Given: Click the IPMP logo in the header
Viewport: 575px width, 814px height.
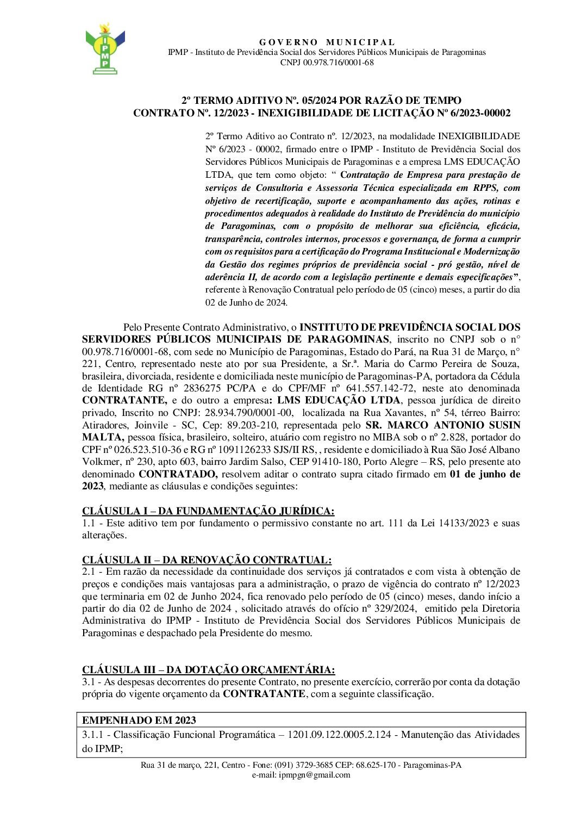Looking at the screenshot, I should click(x=105, y=49).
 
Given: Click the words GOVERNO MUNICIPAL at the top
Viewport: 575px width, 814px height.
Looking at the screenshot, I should click(x=327, y=42).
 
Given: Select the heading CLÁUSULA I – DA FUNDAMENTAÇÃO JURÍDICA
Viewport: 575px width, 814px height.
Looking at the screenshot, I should click(x=208, y=511).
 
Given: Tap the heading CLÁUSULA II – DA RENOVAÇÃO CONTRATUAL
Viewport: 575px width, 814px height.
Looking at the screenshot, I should click(x=207, y=560).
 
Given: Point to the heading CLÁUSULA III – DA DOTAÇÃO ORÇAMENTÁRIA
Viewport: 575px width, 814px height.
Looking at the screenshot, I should click(x=208, y=669).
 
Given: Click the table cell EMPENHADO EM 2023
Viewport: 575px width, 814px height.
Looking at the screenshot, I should click(x=139, y=720).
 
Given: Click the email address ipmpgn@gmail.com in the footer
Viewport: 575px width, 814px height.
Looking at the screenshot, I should click(x=315, y=775).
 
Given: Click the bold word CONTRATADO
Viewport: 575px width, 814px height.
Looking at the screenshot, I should click(x=178, y=474).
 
